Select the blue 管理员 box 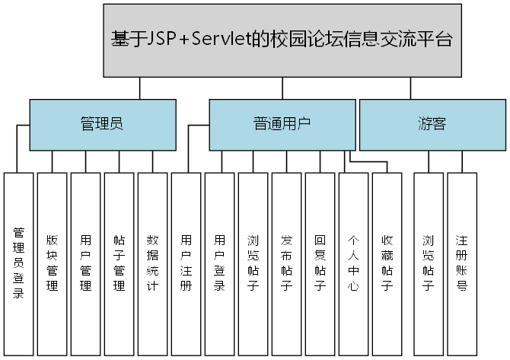[102, 124]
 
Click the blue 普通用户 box [282, 124]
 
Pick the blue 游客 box [432, 124]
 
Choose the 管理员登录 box [18, 263]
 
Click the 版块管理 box [52, 263]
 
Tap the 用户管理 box [85, 263]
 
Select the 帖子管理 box [119, 263]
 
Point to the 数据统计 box [152, 263]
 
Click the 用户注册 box [186, 263]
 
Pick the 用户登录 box [219, 263]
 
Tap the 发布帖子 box [286, 263]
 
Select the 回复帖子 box [320, 263]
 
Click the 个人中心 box [353, 263]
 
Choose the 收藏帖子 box [387, 263]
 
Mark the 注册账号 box [461, 263]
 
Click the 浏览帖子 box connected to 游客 [428, 263]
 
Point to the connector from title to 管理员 [139, 89]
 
